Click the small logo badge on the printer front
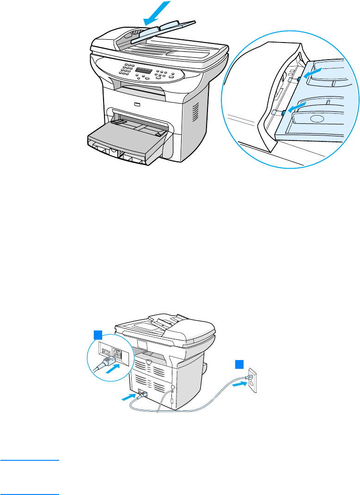pyautogui.click(x=136, y=104)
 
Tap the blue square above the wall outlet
pyautogui.click(x=239, y=364)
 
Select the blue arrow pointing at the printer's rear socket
pyautogui.click(x=129, y=396)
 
